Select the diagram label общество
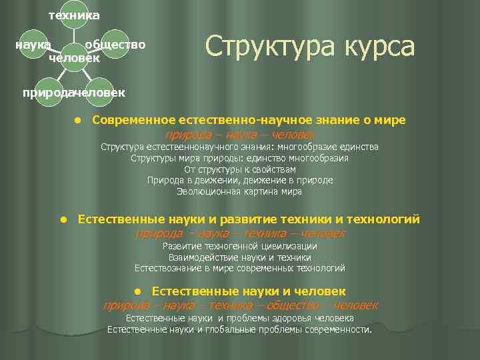coord(115,45)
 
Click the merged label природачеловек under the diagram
coord(73,92)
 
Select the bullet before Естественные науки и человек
coord(137,291)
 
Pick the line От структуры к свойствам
coord(239,169)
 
